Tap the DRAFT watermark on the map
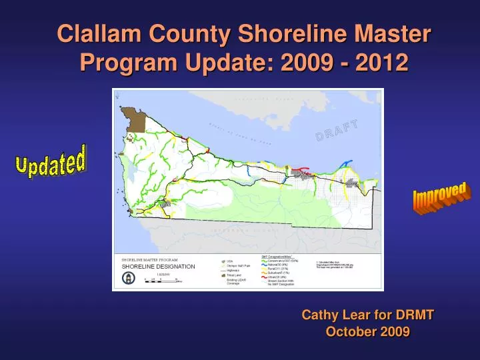pyautogui.click(x=337, y=130)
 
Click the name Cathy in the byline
pyautogui.click(x=317, y=315)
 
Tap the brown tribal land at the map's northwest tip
pyautogui.click(x=137, y=121)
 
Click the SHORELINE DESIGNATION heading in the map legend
pyautogui.click(x=158, y=266)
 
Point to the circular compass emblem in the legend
pyautogui.click(x=128, y=279)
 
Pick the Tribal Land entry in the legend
pyautogui.click(x=231, y=275)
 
